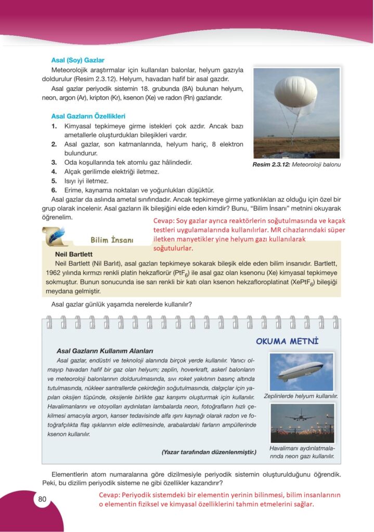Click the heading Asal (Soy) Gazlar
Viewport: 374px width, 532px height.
pyautogui.click(x=78, y=60)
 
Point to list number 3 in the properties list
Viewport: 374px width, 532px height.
pyautogui.click(x=54, y=163)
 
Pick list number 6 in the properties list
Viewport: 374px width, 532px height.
pyautogui.click(x=54, y=190)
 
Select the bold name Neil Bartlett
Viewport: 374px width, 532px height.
pyautogui.click(x=73, y=255)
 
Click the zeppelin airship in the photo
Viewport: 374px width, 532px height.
pyautogui.click(x=300, y=371)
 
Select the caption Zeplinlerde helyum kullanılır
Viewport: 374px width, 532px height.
pyautogui.click(x=300, y=396)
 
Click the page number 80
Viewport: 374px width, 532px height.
pyautogui.click(x=42, y=500)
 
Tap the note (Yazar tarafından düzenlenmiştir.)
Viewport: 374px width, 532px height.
pyautogui.click(x=209, y=452)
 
